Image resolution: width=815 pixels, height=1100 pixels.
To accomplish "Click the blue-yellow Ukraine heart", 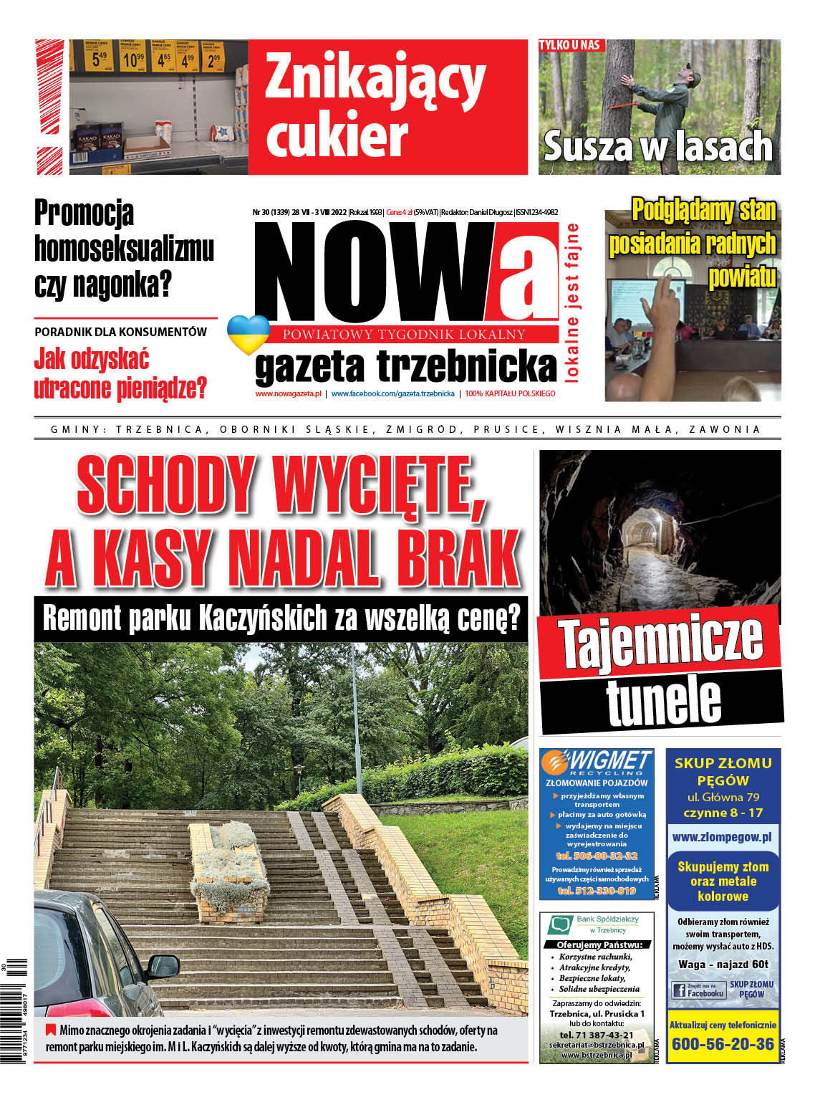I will (248, 334).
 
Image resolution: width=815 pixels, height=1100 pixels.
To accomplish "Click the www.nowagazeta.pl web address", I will (288, 393).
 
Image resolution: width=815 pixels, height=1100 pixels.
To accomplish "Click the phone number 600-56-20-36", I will (723, 1043).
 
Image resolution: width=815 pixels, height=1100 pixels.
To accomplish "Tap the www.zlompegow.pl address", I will (722, 836).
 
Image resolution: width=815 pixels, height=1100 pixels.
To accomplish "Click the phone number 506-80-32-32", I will (596, 856).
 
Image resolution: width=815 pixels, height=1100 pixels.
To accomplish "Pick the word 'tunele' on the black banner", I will (663, 699).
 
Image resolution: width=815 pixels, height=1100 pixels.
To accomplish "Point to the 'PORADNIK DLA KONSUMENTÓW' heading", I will (120, 332).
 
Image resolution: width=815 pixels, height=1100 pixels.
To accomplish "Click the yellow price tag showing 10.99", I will (132, 58).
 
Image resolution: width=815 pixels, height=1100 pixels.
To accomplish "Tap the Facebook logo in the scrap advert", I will (680, 990).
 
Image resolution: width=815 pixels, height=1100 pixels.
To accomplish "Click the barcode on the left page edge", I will (15, 1010).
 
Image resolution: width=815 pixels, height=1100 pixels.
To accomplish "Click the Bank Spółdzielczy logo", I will (558, 924).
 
